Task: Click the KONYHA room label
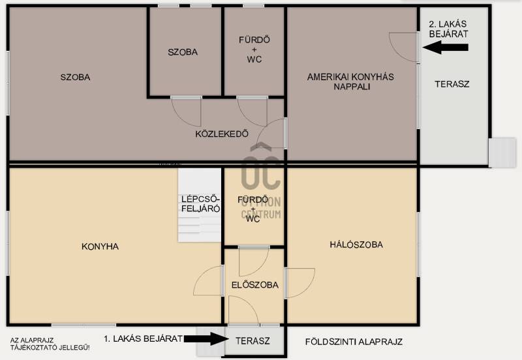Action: [100, 247]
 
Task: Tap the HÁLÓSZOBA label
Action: [356, 245]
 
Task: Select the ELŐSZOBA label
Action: [255, 285]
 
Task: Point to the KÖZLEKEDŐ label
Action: [222, 134]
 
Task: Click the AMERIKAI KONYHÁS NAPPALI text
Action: [350, 82]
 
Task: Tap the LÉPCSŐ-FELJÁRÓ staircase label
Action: [200, 204]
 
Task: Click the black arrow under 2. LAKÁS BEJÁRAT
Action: [446, 47]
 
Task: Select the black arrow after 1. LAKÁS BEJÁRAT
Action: [206, 338]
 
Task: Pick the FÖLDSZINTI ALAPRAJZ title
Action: [354, 342]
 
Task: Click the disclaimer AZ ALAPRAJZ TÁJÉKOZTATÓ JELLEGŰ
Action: [50, 344]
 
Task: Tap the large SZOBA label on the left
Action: [75, 77]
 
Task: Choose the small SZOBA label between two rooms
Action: [183, 52]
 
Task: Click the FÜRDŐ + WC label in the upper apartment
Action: [254, 50]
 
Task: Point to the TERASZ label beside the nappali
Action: [452, 84]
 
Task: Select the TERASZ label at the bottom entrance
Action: [253, 340]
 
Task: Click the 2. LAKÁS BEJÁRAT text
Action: [448, 29]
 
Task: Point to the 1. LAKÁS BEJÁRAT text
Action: [143, 338]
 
